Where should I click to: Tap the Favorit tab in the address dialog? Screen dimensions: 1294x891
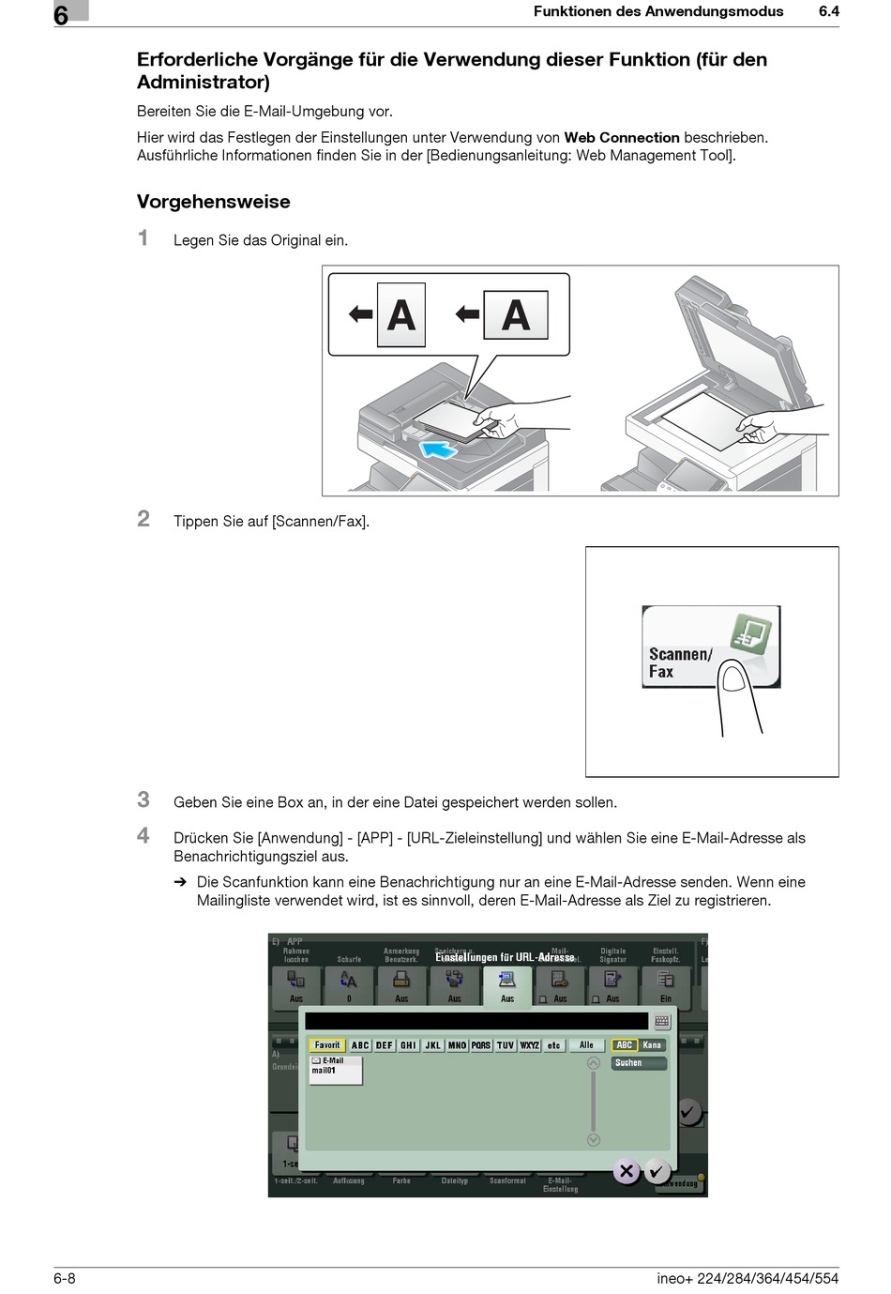pyautogui.click(x=327, y=1045)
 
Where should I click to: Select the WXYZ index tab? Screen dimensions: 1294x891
pyautogui.click(x=530, y=1045)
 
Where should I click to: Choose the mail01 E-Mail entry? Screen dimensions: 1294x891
pyautogui.click(x=336, y=1070)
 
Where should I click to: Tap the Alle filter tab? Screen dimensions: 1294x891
pyautogui.click(x=586, y=1045)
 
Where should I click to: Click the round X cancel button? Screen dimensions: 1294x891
pyautogui.click(x=627, y=1171)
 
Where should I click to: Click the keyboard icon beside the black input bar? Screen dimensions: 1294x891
pyautogui.click(x=662, y=1022)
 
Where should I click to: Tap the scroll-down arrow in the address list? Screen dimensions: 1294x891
pyautogui.click(x=593, y=1140)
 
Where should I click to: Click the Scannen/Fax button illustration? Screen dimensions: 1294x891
pyautogui.click(x=710, y=647)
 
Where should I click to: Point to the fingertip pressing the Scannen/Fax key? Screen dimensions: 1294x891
pyautogui.click(x=733, y=678)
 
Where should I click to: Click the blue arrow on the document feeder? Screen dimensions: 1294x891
pyautogui.click(x=439, y=450)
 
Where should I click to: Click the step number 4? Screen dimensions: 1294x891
pyautogui.click(x=143, y=835)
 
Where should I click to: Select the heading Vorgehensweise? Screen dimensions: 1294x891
pyautogui.click(x=214, y=202)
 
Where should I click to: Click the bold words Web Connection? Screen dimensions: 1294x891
pyautogui.click(x=622, y=138)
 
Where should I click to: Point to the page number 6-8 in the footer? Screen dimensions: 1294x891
pyautogui.click(x=65, y=1278)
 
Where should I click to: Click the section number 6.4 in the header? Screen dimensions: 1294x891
pyautogui.click(x=828, y=12)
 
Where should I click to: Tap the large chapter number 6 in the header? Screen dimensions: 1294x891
pyautogui.click(x=61, y=15)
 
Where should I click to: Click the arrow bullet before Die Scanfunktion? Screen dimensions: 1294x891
pyautogui.click(x=180, y=882)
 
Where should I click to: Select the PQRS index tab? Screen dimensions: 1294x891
pyautogui.click(x=481, y=1045)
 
